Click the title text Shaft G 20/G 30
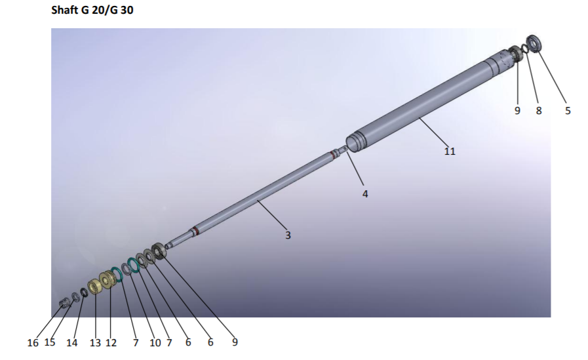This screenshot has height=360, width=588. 92,11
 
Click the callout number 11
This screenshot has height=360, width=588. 450,151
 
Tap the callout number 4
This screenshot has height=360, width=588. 365,194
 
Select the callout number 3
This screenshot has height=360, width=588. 287,235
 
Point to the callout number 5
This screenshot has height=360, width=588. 568,111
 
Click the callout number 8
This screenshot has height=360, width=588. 539,111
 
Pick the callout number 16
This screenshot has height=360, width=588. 33,343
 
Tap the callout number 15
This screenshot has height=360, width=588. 50,343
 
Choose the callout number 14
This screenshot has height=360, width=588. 71,343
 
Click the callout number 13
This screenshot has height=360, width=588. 95,343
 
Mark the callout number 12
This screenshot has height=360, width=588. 110,343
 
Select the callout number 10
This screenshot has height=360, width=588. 155,343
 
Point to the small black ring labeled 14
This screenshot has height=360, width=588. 84,292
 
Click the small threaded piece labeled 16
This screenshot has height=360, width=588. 64,302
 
